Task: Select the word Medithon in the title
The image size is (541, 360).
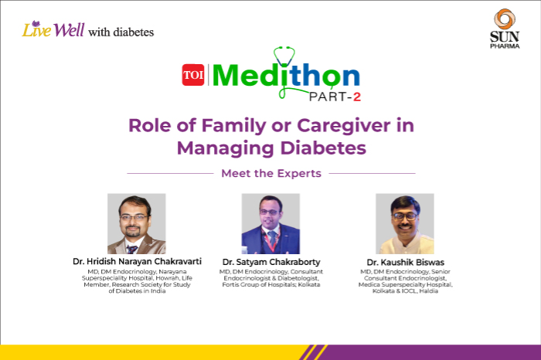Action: (x=286, y=76)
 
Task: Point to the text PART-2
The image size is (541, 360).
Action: (x=334, y=97)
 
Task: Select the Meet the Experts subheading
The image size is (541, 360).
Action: (x=270, y=173)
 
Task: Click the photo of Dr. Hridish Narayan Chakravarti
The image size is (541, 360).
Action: (x=136, y=223)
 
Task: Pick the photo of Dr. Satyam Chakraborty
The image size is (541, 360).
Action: (x=270, y=223)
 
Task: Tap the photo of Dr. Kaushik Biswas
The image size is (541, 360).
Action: (x=404, y=223)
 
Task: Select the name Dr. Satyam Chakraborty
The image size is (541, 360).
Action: (x=270, y=263)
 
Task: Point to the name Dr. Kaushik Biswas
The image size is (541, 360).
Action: (x=407, y=263)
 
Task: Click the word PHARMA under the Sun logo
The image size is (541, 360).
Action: (x=504, y=46)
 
